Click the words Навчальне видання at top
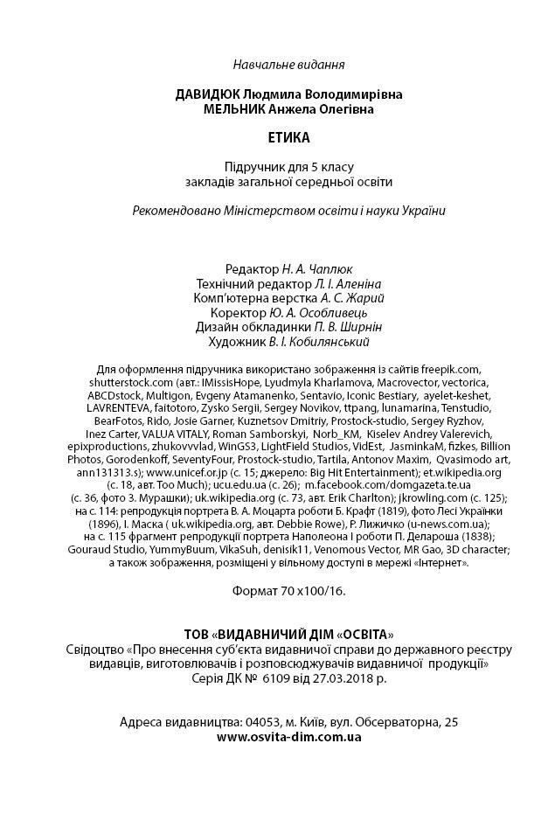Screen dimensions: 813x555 click(x=288, y=64)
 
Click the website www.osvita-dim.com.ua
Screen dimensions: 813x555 click(x=288, y=736)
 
